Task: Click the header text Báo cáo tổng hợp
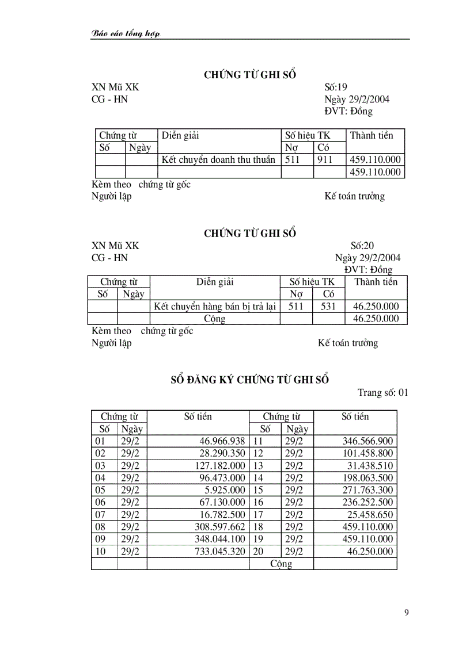tap(126, 33)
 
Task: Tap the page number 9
tap(407, 613)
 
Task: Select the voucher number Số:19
tap(336, 87)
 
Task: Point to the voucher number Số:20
tap(362, 246)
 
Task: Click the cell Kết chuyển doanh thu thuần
tap(218, 160)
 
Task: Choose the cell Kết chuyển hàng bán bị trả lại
tap(214, 307)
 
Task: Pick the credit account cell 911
tap(324, 160)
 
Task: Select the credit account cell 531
tap(328, 307)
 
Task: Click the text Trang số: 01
tap(382, 393)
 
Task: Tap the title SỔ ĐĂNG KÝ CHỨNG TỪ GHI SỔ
tap(251, 380)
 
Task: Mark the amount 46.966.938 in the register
tap(222, 441)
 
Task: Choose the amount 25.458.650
tap(367, 515)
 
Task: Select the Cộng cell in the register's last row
tap(281, 564)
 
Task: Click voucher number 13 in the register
tap(259, 466)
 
